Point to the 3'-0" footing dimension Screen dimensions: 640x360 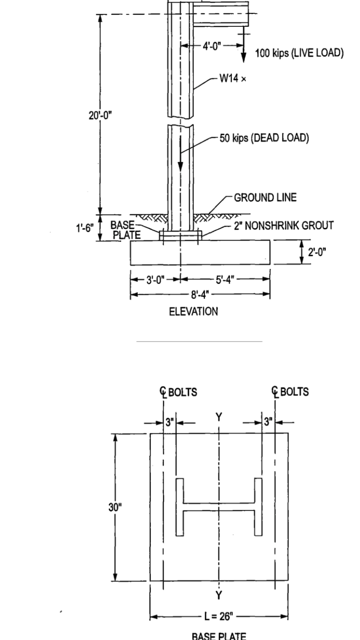pos(155,279)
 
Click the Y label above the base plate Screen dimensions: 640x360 pos(218,416)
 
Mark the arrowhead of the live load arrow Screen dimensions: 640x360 pos(243,59)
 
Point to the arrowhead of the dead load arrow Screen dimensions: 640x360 pos(180,167)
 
